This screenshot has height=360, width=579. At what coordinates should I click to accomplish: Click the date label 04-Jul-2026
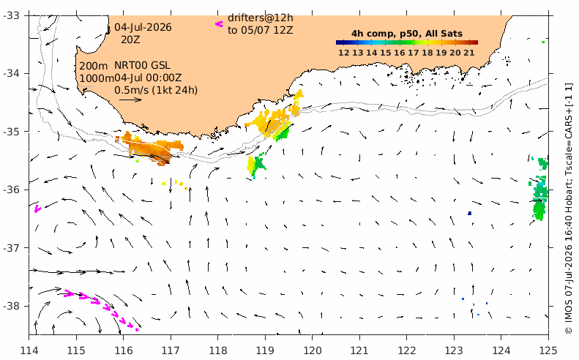143,27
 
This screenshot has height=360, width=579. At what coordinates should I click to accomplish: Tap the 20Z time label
130,40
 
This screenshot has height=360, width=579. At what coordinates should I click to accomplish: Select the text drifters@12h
261,18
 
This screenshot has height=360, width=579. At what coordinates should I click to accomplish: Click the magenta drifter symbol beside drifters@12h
220,24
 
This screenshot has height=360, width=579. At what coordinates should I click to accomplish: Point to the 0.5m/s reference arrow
131,100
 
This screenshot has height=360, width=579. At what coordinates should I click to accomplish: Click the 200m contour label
94,66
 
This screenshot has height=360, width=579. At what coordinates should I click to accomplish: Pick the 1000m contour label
97,78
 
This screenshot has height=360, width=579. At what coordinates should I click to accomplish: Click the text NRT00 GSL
142,65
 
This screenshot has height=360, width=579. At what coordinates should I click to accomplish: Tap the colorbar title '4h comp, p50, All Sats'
407,34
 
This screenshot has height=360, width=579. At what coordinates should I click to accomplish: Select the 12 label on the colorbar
344,53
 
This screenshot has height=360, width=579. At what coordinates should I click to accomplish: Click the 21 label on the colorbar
469,53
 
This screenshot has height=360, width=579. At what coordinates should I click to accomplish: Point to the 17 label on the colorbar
413,53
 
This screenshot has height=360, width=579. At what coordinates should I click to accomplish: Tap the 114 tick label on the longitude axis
29,350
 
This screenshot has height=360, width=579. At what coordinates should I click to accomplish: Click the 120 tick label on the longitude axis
312,350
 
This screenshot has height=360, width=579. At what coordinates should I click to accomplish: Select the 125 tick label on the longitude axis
548,350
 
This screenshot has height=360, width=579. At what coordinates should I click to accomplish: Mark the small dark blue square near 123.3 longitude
470,213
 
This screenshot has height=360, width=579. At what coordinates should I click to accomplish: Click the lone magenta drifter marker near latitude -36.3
37,209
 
